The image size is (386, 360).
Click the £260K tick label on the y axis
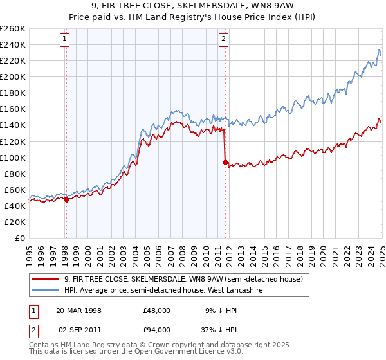(x=13, y=29)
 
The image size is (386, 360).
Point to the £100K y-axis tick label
(x=13, y=157)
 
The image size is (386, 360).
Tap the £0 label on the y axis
(x=20, y=239)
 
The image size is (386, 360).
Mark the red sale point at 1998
(x=66, y=199)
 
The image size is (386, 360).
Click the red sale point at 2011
(x=225, y=163)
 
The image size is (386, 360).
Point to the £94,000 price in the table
(x=158, y=329)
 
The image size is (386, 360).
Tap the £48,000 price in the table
(x=158, y=310)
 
